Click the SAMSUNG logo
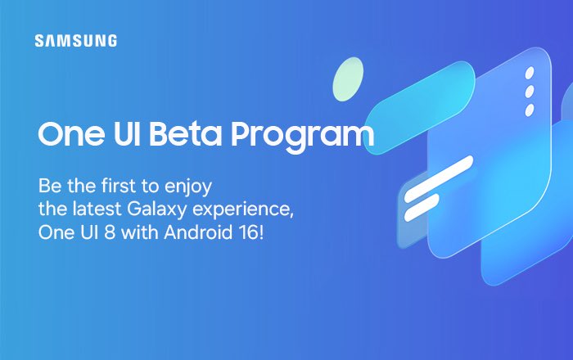click(x=76, y=41)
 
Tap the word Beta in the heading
click(x=186, y=133)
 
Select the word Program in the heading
click(x=303, y=137)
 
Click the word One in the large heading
click(x=71, y=133)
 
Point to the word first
click(x=119, y=186)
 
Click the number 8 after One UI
click(x=110, y=232)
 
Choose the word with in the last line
click(x=140, y=232)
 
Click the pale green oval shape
click(x=348, y=79)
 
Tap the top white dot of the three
click(x=530, y=72)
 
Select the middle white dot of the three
click(x=529, y=92)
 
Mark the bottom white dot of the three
click(x=529, y=110)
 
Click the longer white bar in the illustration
click(x=439, y=179)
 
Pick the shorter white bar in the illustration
click(x=422, y=207)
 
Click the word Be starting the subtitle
click(x=50, y=186)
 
